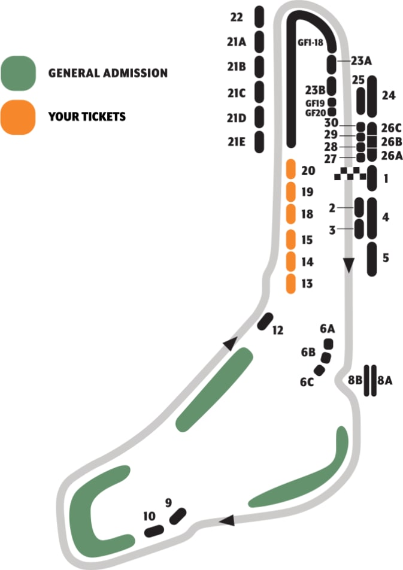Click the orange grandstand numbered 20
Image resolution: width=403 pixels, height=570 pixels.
[x=291, y=169]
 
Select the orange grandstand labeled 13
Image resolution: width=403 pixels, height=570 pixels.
[x=291, y=283]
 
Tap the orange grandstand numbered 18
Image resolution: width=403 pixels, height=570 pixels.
[x=291, y=213]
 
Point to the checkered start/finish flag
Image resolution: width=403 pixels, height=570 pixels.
[x=350, y=174]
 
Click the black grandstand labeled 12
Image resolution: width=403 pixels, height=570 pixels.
[x=265, y=322]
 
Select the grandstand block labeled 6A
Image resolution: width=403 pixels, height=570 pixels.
[x=328, y=344]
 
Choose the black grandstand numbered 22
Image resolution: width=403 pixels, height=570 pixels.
[x=259, y=16]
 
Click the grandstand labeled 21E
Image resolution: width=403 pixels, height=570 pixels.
[x=259, y=142]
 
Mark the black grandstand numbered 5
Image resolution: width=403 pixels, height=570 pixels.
[x=372, y=259]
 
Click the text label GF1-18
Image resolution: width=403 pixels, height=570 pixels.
[x=310, y=43]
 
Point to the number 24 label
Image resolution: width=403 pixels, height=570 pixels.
[x=388, y=95]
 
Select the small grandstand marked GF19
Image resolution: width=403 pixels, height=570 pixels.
[x=332, y=102]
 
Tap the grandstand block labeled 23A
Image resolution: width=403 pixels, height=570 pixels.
[x=331, y=62]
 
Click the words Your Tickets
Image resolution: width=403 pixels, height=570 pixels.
[x=87, y=116]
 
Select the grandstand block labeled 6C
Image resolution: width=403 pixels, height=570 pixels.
[x=319, y=371]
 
